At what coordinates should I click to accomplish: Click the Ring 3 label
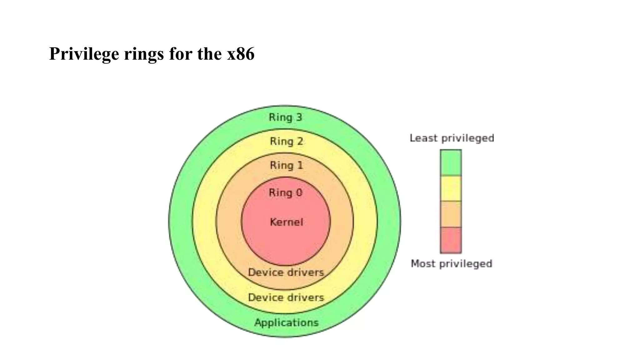285,117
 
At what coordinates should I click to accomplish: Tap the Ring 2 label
286,142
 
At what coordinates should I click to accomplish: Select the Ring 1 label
286,165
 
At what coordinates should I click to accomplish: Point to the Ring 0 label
285,193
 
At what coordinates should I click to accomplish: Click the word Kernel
286,222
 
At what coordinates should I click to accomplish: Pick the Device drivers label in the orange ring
286,272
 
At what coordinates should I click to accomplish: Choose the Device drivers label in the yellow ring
286,297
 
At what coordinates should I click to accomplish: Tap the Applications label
286,322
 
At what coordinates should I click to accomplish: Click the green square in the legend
451,162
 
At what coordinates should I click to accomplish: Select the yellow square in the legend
451,188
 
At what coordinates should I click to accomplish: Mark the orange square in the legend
451,214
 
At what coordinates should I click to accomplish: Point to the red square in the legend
451,240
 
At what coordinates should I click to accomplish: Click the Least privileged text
452,138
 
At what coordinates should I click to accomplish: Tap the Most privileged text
451,264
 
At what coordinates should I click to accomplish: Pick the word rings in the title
144,54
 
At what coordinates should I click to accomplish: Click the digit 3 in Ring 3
299,117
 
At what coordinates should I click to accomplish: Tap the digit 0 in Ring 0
299,193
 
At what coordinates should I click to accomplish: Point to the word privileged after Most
466,264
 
